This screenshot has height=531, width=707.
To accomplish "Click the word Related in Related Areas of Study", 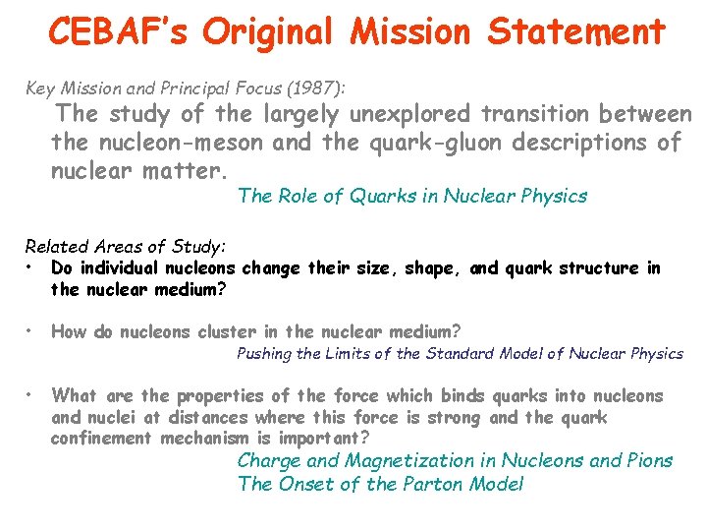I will click(56, 246).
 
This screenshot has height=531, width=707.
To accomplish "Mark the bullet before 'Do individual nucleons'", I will click(32, 267).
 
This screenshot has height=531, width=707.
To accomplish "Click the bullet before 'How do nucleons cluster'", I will click(32, 331).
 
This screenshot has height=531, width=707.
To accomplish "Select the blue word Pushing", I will click(265, 354).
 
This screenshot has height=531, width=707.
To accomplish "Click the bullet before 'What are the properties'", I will click(32, 395).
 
